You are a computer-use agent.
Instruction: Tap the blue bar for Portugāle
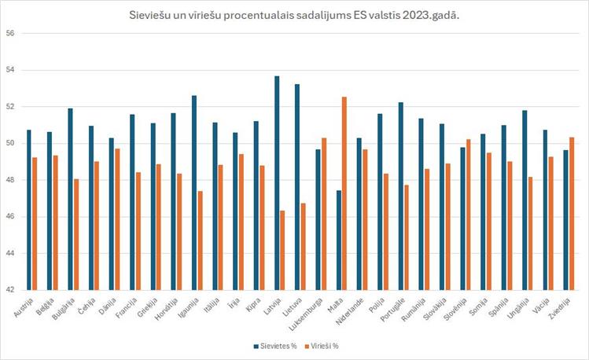400,196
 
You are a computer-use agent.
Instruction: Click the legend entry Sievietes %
274,345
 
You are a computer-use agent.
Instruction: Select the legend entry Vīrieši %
328,345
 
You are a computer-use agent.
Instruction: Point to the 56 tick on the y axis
10,34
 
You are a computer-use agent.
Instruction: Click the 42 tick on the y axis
10,290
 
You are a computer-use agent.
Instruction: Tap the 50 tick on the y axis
10,144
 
